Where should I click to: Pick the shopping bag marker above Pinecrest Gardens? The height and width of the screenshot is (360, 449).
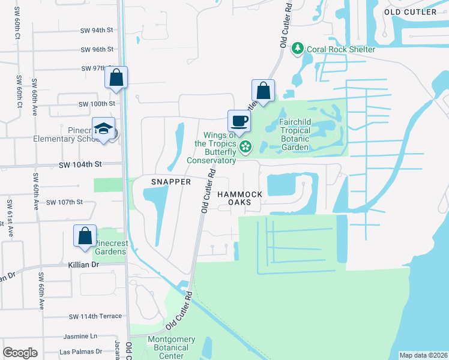tap(85, 236)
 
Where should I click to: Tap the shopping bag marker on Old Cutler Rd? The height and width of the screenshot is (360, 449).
tap(263, 91)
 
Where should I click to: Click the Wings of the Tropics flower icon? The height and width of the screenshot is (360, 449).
tap(246, 146)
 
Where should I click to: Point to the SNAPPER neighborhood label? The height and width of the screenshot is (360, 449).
tap(170, 182)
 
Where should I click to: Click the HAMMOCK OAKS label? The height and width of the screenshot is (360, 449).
tap(240, 199)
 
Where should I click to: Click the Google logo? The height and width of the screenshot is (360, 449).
tap(20, 352)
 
